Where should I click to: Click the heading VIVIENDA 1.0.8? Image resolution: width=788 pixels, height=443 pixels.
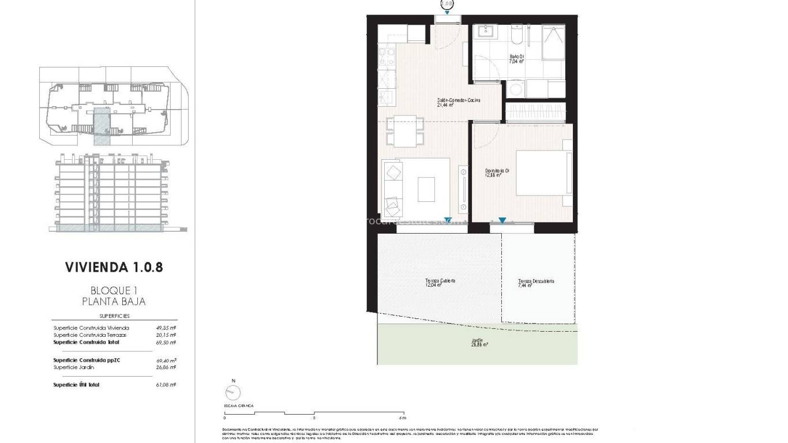click(x=114, y=267)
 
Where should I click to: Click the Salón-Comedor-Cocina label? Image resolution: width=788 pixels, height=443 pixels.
click(x=459, y=102)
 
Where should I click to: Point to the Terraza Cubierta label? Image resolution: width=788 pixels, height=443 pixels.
click(x=440, y=282)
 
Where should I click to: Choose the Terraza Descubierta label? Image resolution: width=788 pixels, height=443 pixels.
click(x=535, y=283)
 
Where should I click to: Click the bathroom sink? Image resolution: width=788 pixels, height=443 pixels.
click(x=486, y=32)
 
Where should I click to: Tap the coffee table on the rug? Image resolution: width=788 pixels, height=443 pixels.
click(x=426, y=189)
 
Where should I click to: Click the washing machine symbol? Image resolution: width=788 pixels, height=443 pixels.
click(x=516, y=89)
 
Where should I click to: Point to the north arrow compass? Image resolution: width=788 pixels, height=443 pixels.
click(x=233, y=393)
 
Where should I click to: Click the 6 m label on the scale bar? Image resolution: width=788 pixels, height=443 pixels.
click(x=402, y=418)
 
